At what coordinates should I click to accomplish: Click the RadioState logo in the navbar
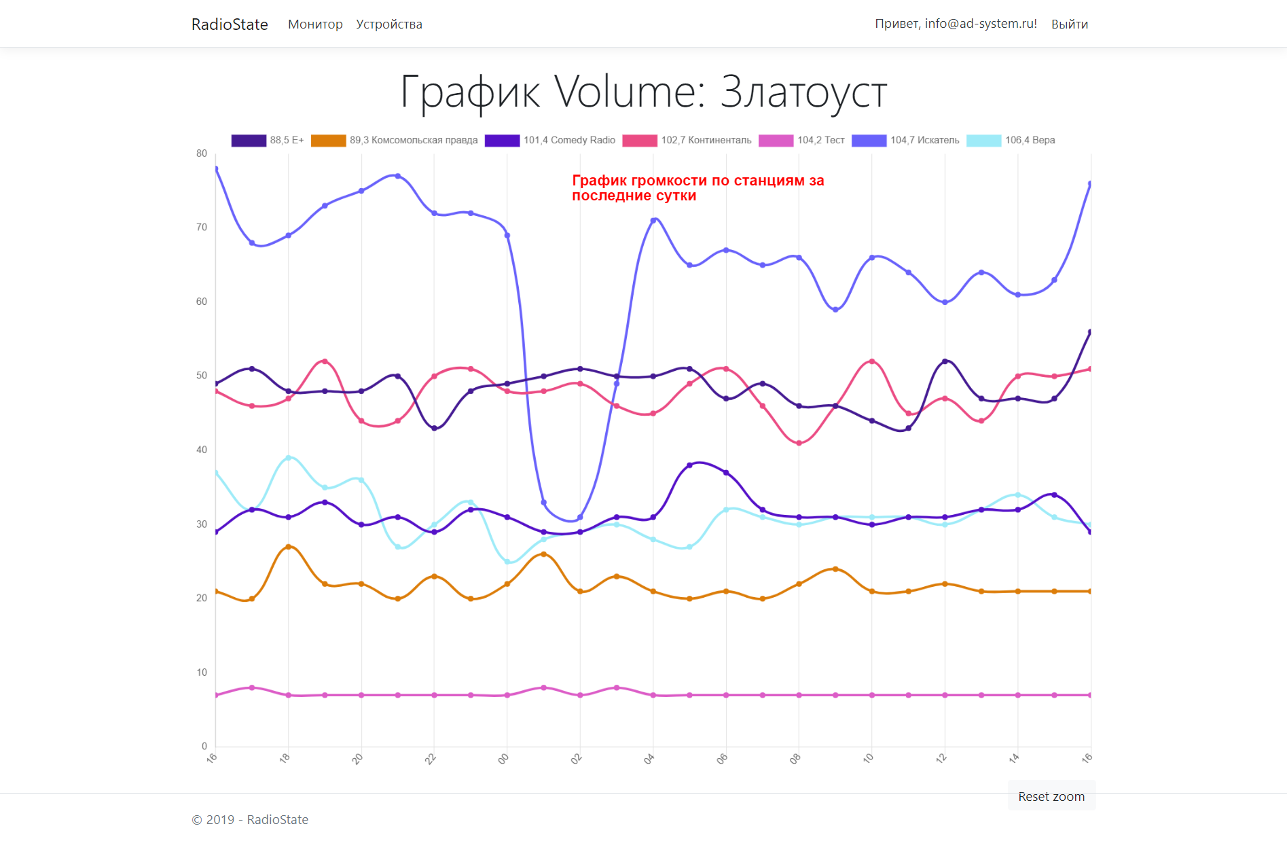tap(230, 24)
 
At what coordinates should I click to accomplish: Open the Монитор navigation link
tap(315, 24)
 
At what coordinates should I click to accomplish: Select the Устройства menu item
tap(389, 24)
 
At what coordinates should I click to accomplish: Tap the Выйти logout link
tap(1069, 24)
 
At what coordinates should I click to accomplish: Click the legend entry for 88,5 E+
tap(268, 141)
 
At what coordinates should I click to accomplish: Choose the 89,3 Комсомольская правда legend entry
tap(395, 141)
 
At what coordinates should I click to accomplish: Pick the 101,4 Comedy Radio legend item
tap(550, 141)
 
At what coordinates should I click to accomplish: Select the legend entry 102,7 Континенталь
tap(687, 141)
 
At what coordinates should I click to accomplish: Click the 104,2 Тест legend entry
tap(802, 141)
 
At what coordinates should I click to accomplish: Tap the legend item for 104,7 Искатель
tap(906, 141)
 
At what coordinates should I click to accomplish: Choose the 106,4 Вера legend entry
tap(1011, 141)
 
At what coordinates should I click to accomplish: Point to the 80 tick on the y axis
tap(202, 154)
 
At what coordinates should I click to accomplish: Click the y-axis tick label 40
tap(202, 450)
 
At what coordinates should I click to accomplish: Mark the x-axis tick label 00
tap(503, 759)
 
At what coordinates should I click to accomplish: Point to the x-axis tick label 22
tap(431, 759)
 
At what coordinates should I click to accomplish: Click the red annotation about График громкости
tap(697, 188)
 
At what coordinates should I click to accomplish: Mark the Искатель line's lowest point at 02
tap(580, 518)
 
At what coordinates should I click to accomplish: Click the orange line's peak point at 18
tap(289, 547)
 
